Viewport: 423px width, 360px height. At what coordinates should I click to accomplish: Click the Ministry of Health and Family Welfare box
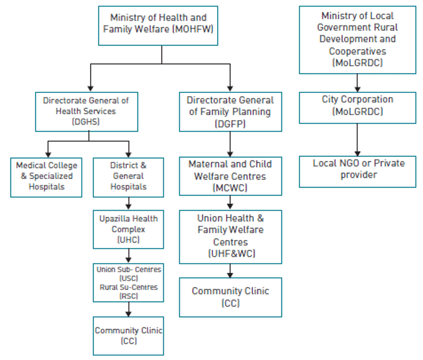point(158,25)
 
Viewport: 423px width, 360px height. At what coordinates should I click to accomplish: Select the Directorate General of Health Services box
point(86,112)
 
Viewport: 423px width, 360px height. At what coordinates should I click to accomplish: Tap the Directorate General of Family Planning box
point(230,112)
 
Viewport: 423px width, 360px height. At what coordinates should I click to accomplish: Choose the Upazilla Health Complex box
point(128,229)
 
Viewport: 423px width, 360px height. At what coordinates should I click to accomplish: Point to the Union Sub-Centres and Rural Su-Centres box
point(128,283)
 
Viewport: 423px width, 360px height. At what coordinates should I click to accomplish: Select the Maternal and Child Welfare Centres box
point(230,176)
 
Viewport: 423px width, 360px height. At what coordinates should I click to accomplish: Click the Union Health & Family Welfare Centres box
point(230,236)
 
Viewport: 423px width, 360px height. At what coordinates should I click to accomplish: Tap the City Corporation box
point(357,107)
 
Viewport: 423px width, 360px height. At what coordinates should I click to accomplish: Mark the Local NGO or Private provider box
point(357,171)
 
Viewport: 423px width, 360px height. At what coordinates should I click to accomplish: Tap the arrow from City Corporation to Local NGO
point(357,139)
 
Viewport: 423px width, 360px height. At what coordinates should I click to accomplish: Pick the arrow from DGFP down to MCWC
point(230,144)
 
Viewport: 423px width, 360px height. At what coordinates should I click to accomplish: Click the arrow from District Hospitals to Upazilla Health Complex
point(128,204)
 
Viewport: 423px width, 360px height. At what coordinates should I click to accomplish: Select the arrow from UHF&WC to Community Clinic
point(230,271)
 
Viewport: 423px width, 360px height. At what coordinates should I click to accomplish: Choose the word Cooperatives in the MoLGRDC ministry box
point(357,51)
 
